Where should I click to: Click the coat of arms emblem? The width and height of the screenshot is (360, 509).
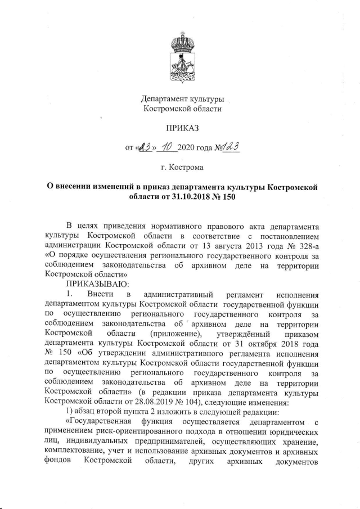click(181, 56)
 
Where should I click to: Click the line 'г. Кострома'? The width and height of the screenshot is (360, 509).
click(181, 167)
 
